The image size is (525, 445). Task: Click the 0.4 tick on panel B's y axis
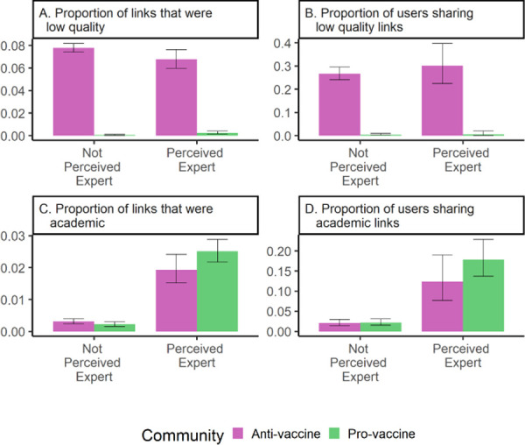click(285, 44)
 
